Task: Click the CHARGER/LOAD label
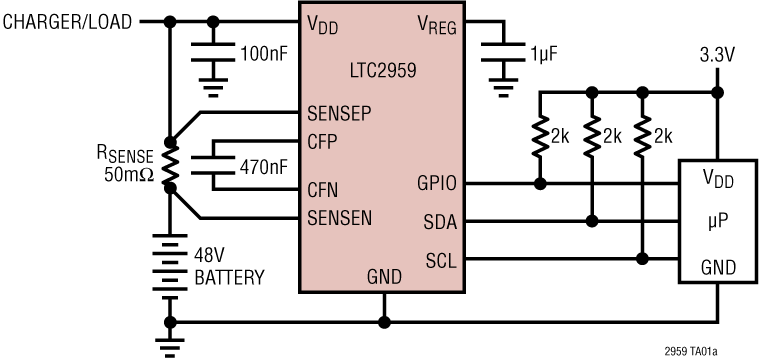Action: point(67,21)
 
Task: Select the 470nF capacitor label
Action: point(263,164)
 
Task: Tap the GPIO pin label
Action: point(438,184)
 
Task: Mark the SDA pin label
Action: point(441,221)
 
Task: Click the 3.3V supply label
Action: point(716,55)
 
